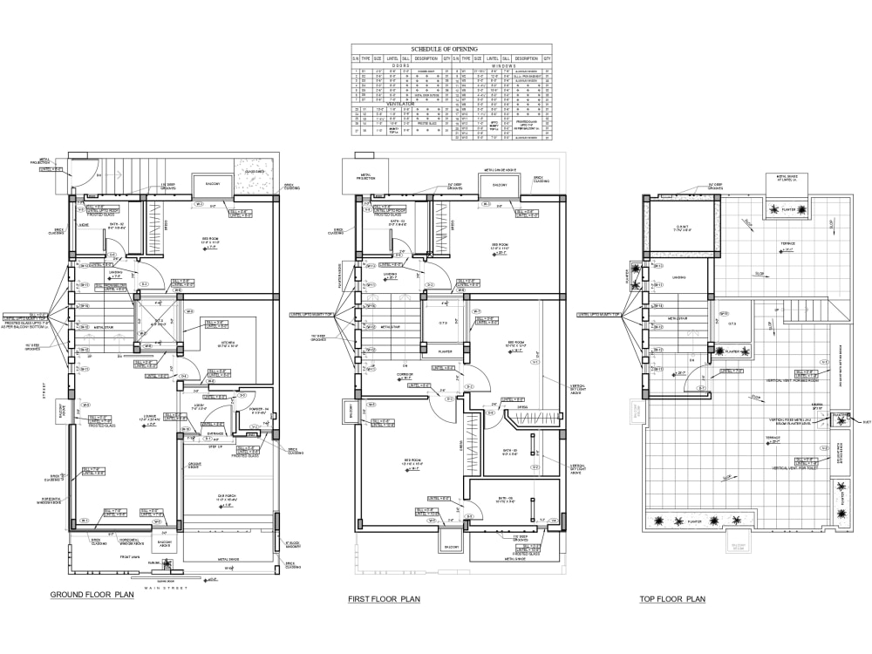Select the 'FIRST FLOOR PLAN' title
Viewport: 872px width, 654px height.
[384, 600]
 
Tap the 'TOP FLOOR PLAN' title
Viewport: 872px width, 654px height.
[671, 600]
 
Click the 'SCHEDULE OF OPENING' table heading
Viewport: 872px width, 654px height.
[452, 49]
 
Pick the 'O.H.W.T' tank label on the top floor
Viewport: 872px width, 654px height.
[678, 228]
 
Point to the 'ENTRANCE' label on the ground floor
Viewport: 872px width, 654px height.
[216, 433]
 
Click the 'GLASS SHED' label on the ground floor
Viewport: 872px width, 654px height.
[255, 172]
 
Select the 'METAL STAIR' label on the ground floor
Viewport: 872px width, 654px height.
[104, 328]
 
